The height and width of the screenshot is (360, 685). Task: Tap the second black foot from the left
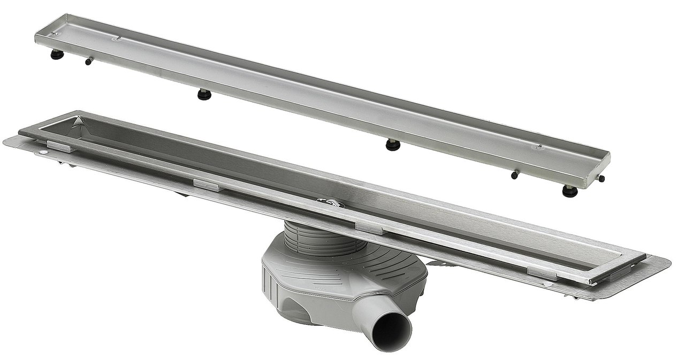pyautogui.click(x=204, y=95)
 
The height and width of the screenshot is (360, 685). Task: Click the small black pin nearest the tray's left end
pyautogui.click(x=87, y=62)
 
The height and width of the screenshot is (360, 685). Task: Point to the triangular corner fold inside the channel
pyautogui.click(x=79, y=123)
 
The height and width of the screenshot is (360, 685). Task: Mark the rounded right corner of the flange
pyautogui.click(x=664, y=265)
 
